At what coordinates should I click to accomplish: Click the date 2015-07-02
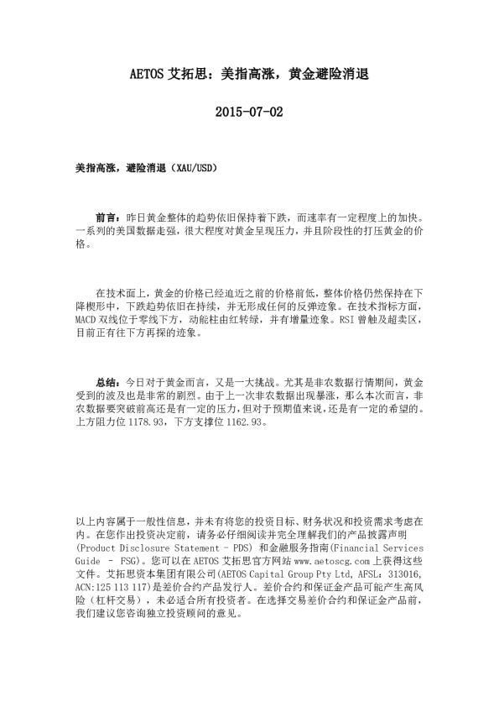click(x=249, y=111)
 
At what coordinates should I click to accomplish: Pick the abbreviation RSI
click(x=327, y=320)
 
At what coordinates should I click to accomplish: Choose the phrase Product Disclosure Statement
click(x=134, y=547)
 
